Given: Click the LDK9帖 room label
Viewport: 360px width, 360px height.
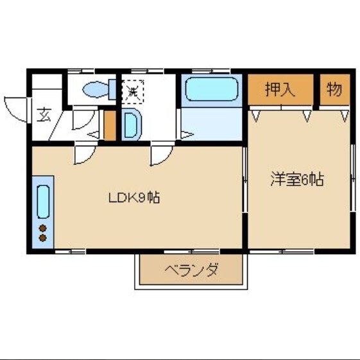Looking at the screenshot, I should (133, 198).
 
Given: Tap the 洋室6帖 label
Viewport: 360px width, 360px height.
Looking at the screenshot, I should (296, 180).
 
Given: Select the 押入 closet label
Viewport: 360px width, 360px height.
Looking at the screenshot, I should (280, 89).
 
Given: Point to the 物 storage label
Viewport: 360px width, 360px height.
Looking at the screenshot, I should (334, 89).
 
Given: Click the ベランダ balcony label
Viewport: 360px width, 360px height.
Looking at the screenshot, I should (191, 270).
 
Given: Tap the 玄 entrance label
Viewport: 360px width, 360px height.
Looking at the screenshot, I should (44, 116).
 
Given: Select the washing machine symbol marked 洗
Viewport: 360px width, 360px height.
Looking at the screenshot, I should (133, 90).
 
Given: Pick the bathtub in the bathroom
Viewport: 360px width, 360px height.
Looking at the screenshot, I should (211, 91).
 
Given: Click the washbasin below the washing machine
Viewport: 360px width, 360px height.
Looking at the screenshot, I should (130, 124).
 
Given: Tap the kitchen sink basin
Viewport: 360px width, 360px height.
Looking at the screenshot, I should (44, 201).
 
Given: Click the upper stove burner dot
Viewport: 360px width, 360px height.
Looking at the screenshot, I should (43, 228).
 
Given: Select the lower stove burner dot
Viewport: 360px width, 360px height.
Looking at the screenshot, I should (43, 238).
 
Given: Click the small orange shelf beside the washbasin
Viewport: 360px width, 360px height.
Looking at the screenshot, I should (109, 126).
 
